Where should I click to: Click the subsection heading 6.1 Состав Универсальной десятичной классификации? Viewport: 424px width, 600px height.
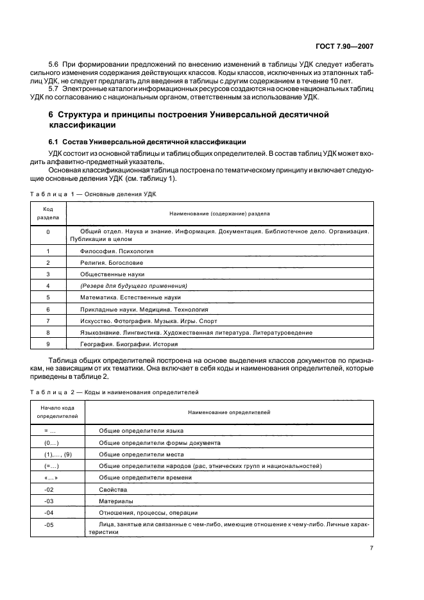pyautogui.click(x=148, y=141)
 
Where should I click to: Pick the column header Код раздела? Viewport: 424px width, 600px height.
pyautogui.click(x=48, y=213)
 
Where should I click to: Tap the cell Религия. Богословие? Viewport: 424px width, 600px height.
pyautogui.click(x=112, y=263)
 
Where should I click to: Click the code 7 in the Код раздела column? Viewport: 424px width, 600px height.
pyautogui.click(x=48, y=321)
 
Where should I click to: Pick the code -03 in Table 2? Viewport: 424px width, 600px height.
pyautogui.click(x=49, y=501)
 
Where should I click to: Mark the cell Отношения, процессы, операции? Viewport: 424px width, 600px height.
pyautogui.click(x=148, y=512)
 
